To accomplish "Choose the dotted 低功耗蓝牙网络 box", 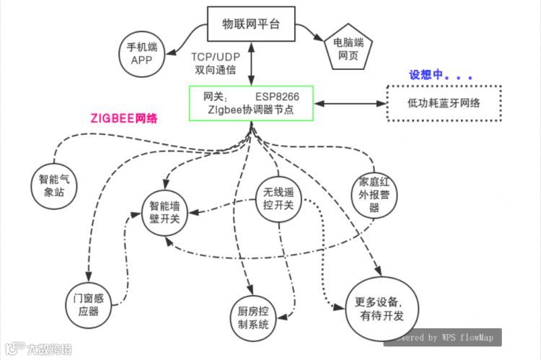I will point(444,104).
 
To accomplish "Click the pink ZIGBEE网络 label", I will point(124,118).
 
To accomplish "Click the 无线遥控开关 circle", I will point(278,199).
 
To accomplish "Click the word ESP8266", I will point(276,95).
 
